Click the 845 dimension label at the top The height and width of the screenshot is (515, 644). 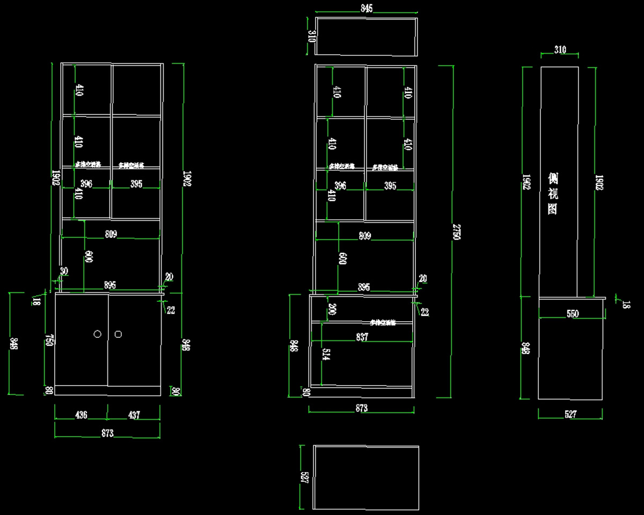point(367,8)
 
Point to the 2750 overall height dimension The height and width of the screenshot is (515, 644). point(456,232)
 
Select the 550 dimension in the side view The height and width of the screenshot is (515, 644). point(573,314)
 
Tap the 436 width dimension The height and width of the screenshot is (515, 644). point(81,415)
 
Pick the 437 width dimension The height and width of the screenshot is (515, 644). point(134,415)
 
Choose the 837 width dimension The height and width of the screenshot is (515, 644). point(362,337)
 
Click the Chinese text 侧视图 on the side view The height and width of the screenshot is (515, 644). point(552,193)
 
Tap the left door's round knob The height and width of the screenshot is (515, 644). point(98,333)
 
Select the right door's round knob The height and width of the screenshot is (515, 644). point(118,333)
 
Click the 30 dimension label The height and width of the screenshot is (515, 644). point(64,271)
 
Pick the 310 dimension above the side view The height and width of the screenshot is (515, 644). point(560,50)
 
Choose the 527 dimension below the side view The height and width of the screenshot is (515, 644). point(570,414)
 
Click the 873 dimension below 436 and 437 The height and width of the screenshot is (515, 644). point(107,433)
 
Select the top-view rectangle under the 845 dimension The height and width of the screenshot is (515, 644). point(366,36)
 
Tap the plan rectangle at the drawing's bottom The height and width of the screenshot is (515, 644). point(366,477)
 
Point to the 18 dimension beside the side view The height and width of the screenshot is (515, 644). point(626,304)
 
